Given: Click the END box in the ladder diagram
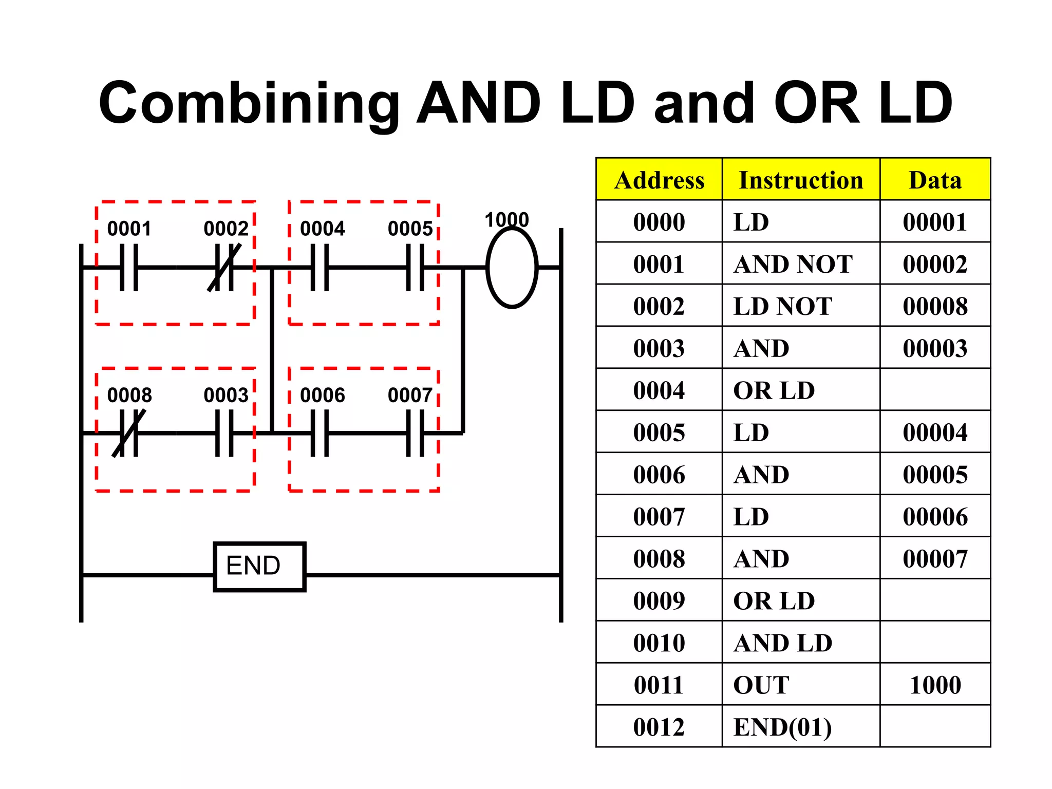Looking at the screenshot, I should [259, 567].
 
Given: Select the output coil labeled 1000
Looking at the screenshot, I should [512, 268].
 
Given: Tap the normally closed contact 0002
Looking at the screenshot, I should [224, 268].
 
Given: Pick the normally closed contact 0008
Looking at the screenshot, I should [129, 434].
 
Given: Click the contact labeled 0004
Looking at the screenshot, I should [320, 268].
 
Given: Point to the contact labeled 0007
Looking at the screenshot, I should [415, 434].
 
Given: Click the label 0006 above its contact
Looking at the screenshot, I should [322, 395].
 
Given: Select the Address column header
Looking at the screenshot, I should [659, 180].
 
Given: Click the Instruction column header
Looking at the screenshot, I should [800, 180].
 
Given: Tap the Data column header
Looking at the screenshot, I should [935, 180].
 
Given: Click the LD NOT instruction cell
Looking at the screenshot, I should [782, 306].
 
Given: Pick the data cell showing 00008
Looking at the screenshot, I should [935, 306].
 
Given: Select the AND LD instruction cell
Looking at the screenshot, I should [782, 643].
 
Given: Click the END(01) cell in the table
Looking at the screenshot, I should [782, 727].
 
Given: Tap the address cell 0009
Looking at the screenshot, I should [659, 600].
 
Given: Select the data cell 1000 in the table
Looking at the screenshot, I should [935, 685].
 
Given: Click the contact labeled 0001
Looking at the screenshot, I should [129, 268].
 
